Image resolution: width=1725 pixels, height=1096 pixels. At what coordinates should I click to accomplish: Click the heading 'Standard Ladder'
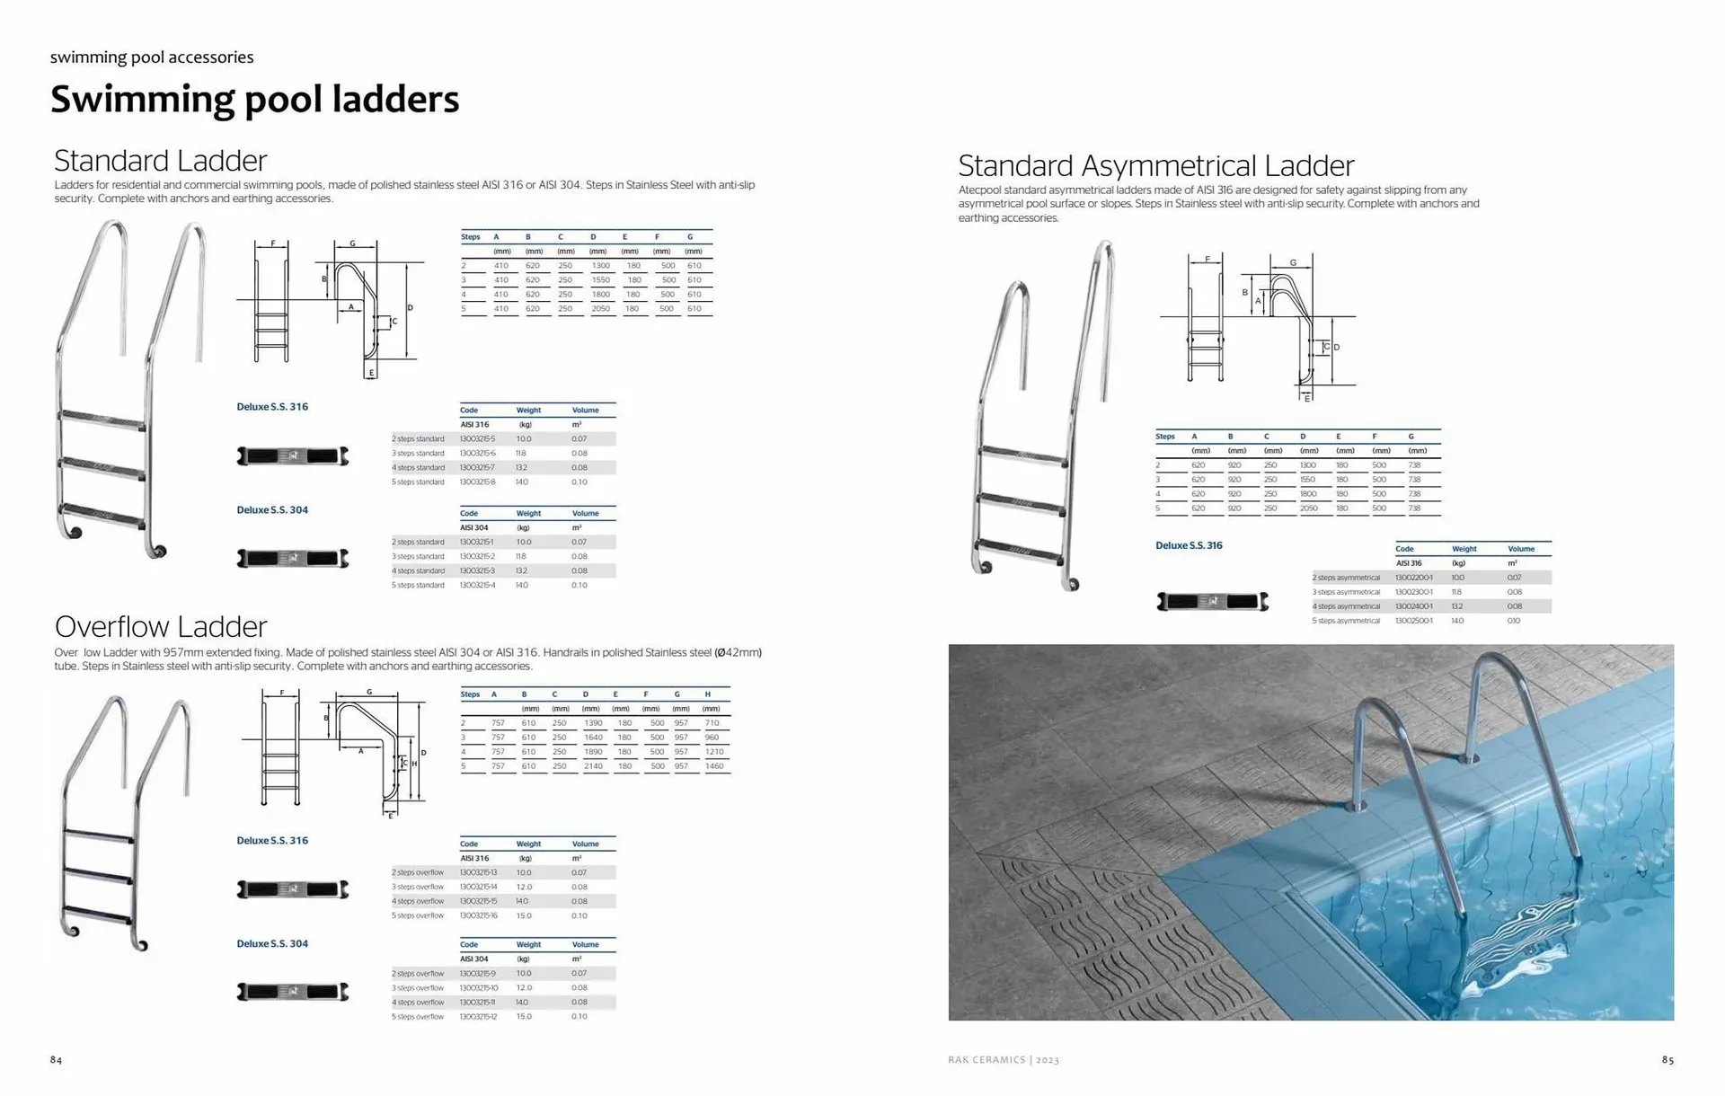coord(161,161)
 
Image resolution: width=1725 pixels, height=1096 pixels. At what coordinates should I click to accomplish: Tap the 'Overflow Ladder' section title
coord(161,626)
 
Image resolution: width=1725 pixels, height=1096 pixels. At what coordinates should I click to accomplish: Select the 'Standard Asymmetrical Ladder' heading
coord(1155,166)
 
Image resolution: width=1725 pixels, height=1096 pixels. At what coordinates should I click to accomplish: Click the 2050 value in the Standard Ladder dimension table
coord(600,309)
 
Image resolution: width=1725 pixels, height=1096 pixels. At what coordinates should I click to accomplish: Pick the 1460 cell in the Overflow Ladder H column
coord(714,766)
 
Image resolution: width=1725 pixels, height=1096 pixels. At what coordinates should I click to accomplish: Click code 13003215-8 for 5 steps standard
coord(477,482)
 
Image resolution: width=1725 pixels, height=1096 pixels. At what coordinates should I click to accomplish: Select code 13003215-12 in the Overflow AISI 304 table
coord(478,1017)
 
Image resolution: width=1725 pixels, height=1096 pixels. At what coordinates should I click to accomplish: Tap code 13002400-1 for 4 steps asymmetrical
coord(1413,606)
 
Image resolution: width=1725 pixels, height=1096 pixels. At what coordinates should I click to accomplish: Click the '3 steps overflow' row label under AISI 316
coord(418,887)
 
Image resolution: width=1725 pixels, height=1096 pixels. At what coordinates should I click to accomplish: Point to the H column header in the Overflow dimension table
coord(708,694)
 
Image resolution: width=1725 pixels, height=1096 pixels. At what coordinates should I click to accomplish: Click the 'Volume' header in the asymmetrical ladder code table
coord(1521,549)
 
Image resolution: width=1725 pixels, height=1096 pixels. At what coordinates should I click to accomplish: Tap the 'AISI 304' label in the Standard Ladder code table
coord(473,528)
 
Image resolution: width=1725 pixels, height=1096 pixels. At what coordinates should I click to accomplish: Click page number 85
coord(1667,1060)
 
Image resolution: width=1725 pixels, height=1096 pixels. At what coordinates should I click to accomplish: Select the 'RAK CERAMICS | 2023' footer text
coord(1004,1060)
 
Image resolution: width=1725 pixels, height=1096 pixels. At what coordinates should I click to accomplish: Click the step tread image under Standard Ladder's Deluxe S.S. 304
coord(292,559)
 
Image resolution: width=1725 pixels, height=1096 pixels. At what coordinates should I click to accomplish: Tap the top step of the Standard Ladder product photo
coord(102,420)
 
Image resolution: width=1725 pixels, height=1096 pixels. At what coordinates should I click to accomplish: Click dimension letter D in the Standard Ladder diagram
coord(411,308)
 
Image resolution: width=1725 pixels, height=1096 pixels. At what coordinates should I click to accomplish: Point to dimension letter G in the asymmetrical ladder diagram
coord(1293,263)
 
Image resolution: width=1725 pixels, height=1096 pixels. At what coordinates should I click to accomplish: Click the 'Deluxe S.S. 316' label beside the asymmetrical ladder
coord(1189,545)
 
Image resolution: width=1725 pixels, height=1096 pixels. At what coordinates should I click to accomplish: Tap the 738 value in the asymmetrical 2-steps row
coord(1415,465)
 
